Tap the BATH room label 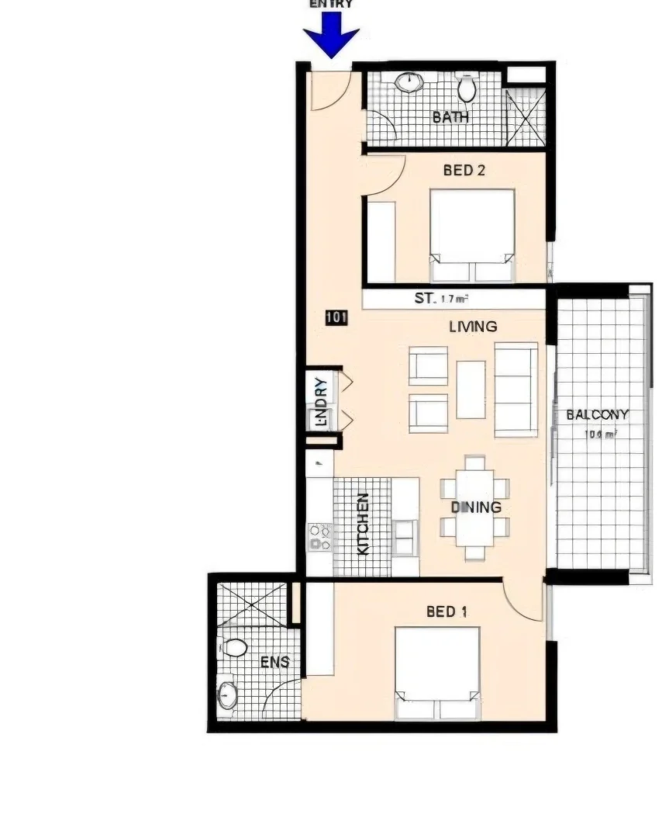[450, 117]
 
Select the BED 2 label [464, 170]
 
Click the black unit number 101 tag [336, 317]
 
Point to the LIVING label [473, 327]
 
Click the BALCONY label [597, 414]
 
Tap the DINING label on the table [476, 507]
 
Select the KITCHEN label [362, 525]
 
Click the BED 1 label [447, 612]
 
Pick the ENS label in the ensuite [274, 662]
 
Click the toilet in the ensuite [233, 647]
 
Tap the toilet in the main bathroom [466, 88]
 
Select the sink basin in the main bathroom [409, 82]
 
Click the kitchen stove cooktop [321, 537]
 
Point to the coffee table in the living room [471, 390]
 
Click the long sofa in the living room [516, 389]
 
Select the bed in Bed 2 [473, 235]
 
